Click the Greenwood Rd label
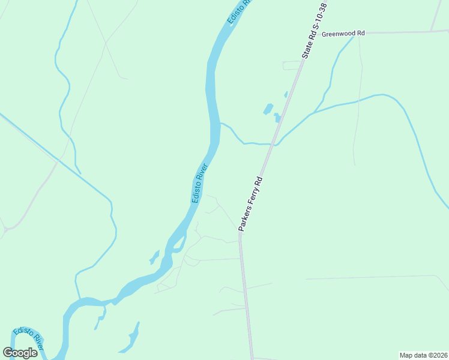343,34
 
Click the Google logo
20,353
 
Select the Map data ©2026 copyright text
424,355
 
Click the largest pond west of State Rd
268,109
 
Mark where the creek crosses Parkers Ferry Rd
274,144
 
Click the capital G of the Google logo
8,353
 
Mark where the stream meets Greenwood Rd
358,33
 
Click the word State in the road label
307,48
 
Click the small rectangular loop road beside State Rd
291,65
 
